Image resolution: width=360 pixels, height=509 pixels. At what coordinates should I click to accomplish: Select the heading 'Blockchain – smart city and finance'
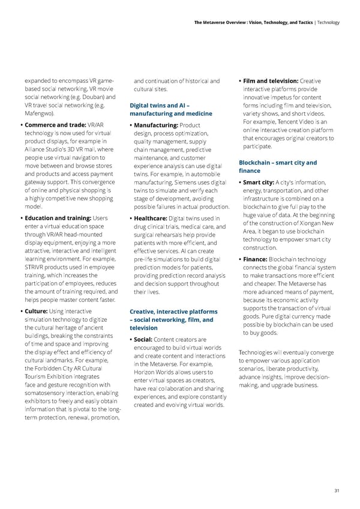pos(278,166)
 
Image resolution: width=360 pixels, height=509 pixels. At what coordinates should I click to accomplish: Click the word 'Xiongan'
pos(304,224)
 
